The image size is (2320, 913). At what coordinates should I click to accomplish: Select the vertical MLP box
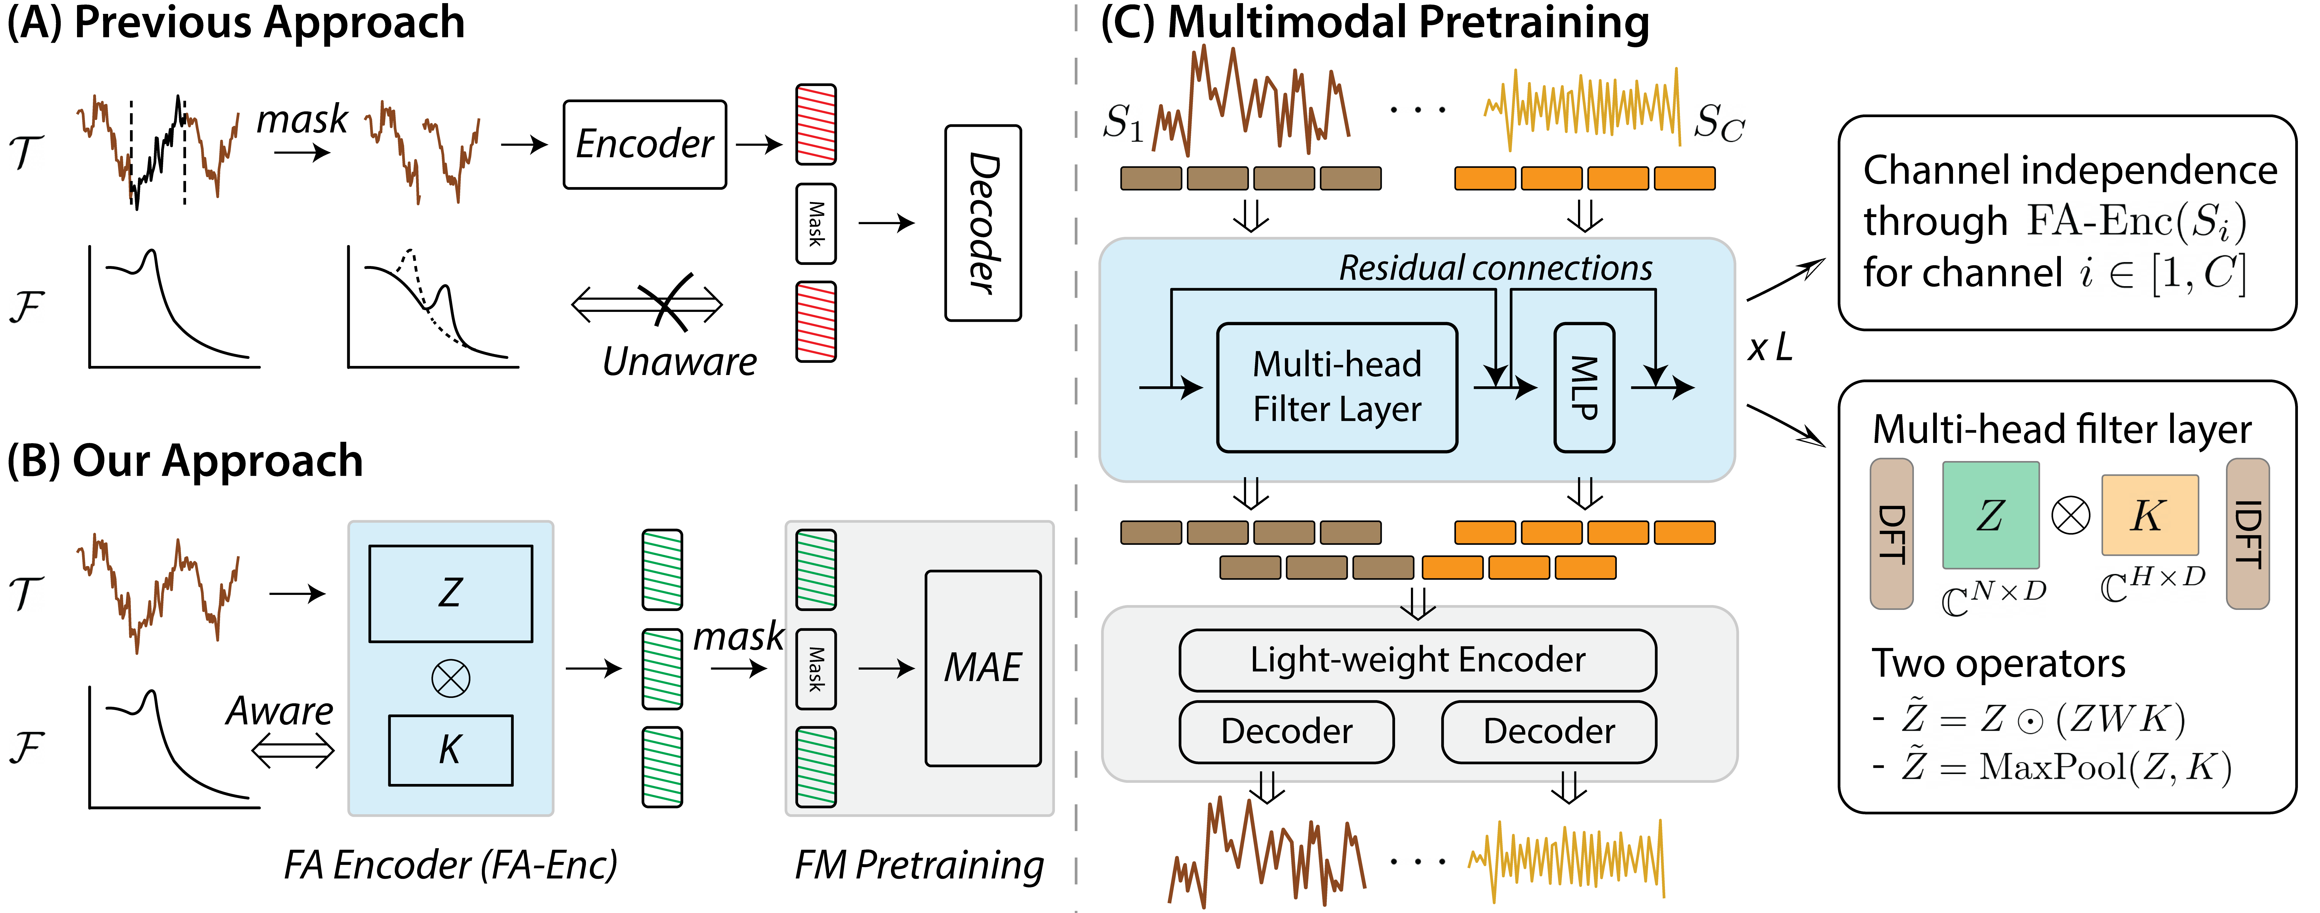tap(1584, 387)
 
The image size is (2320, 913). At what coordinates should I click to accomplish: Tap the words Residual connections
tap(1495, 267)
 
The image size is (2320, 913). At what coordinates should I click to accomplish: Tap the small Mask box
tap(816, 669)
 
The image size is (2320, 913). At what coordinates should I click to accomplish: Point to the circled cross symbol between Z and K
tap(450, 678)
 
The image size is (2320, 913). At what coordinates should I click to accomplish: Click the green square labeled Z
tap(1990, 515)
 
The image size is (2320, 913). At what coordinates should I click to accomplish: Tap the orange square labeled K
tap(2149, 515)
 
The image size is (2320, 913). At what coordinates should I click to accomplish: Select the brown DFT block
tap(1891, 534)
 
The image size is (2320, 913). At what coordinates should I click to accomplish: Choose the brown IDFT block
tap(2247, 534)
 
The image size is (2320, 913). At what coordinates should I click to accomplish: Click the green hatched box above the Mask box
tap(816, 570)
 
